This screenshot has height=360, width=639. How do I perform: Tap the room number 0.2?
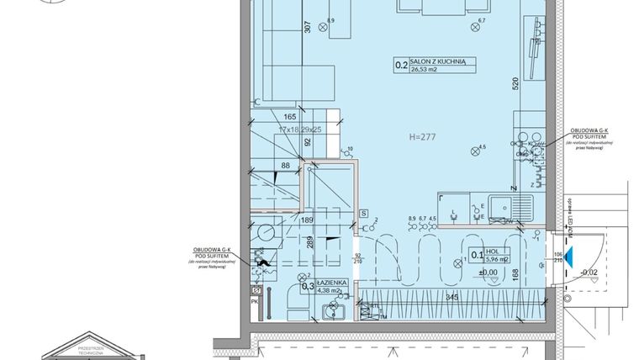[x=402, y=62]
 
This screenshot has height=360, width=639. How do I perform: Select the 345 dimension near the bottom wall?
[x=452, y=299]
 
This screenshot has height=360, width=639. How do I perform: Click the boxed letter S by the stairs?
[x=362, y=213]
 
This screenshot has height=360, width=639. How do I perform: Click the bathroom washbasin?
[x=329, y=313]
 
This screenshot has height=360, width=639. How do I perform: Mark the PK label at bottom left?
[x=254, y=299]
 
